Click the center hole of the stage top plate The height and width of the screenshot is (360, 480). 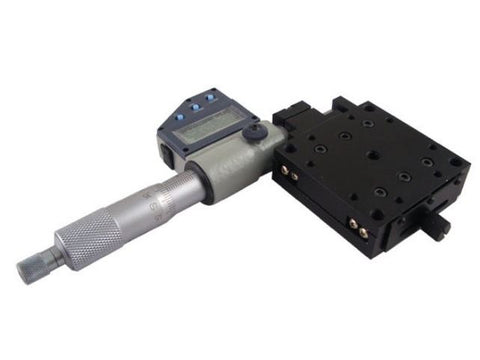[x=372, y=153]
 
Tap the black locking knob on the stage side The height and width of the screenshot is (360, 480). [x=441, y=226]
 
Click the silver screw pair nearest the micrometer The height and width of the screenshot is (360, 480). [x=292, y=174]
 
